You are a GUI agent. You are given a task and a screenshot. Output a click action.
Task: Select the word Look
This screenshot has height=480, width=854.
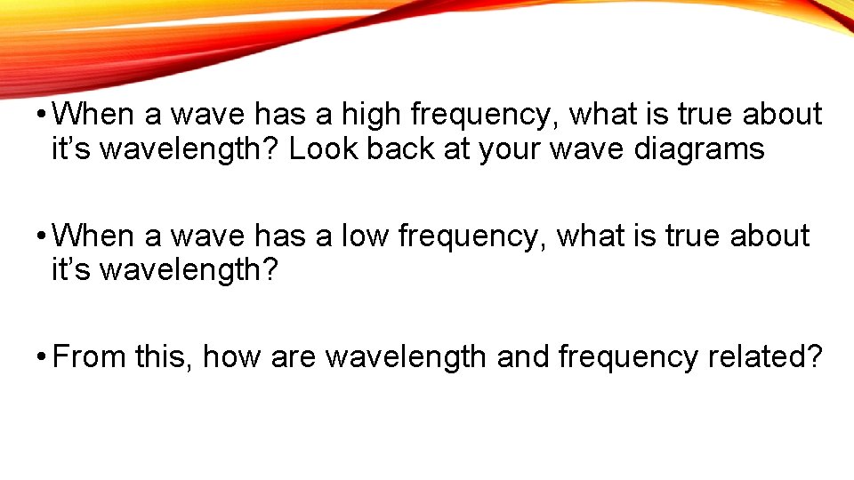point(320,148)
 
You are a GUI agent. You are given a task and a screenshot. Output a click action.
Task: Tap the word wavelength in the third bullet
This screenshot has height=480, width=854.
point(406,357)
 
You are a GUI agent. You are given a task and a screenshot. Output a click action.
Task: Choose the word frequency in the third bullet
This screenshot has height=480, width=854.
point(629,357)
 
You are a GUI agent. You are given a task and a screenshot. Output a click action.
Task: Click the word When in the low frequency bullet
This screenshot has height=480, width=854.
point(93,236)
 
